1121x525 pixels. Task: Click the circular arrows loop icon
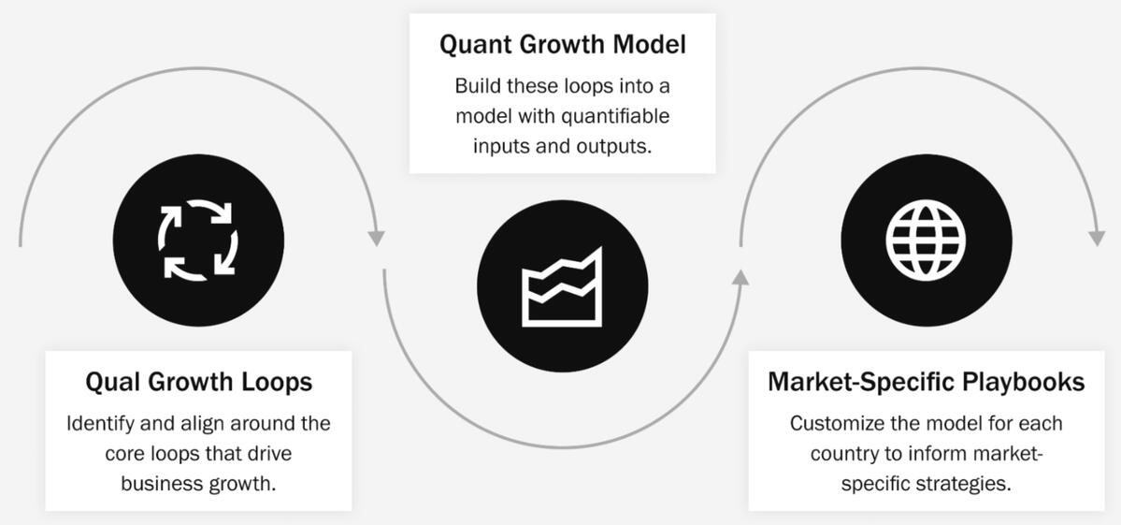click(198, 240)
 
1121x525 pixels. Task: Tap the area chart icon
click(562, 286)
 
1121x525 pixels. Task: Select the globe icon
click(926, 240)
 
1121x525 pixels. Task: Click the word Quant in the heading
click(478, 45)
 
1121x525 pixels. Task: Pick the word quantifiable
click(617, 116)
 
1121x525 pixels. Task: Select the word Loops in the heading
click(282, 382)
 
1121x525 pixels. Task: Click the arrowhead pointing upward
click(740, 277)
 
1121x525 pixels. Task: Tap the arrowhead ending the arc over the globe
click(1096, 239)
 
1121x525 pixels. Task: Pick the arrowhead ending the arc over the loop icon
click(376, 239)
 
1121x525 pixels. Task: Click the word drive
click(268, 454)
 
